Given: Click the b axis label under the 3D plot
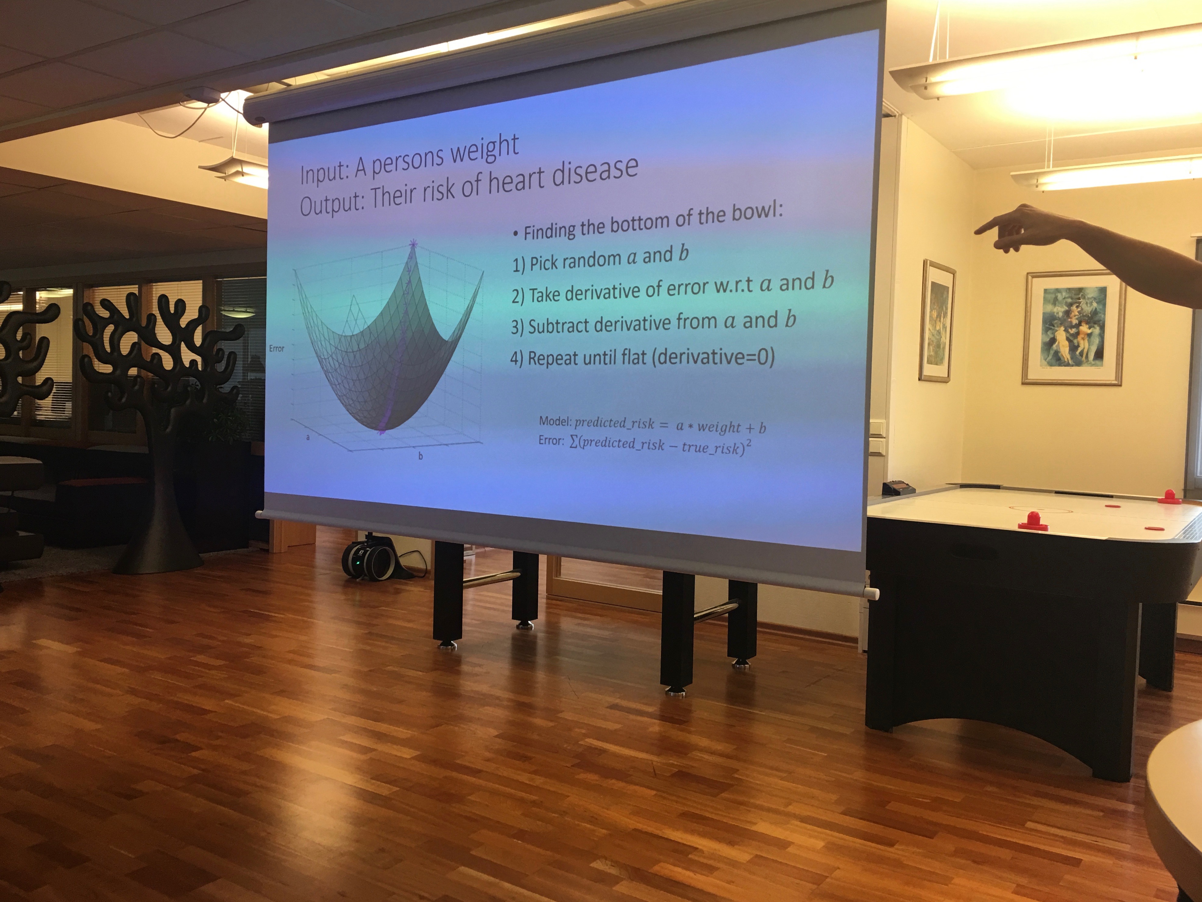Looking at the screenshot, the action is pos(420,456).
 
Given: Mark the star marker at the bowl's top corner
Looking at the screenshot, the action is pos(413,243).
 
